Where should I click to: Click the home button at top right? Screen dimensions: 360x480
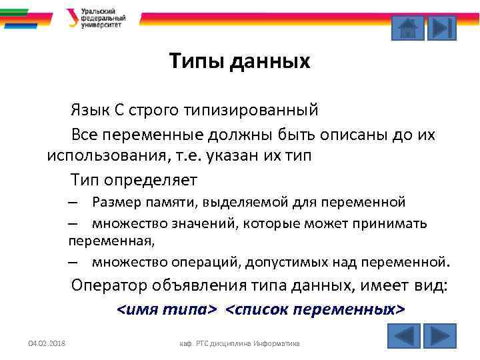[x=407, y=27]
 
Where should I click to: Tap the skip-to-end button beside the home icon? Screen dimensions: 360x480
[x=441, y=27]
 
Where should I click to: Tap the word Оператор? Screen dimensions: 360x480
[x=111, y=286]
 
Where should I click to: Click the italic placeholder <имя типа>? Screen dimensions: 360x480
[x=167, y=309]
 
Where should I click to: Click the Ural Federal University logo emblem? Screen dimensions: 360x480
[x=71, y=17]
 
